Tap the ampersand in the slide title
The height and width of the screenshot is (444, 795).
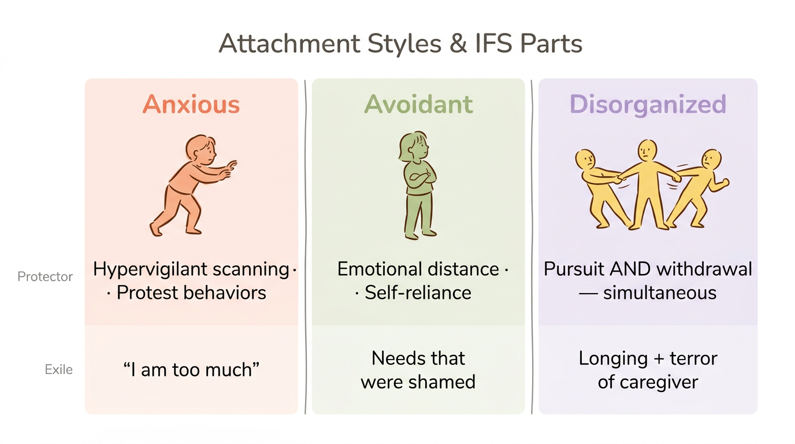[458, 45]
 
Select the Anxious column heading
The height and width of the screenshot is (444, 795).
[191, 105]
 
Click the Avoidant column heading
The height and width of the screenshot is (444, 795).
[418, 105]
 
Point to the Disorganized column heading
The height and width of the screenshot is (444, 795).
[648, 105]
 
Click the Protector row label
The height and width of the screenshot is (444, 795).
[45, 276]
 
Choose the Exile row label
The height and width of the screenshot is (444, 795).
[58, 369]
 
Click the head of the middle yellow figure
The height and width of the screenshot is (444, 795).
[647, 151]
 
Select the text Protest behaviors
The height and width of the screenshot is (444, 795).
[191, 293]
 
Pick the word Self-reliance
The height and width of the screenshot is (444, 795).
[418, 293]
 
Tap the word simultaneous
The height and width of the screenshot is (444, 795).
[660, 293]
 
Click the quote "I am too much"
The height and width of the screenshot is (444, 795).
[191, 369]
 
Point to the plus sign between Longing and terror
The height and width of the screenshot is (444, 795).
[657, 358]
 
